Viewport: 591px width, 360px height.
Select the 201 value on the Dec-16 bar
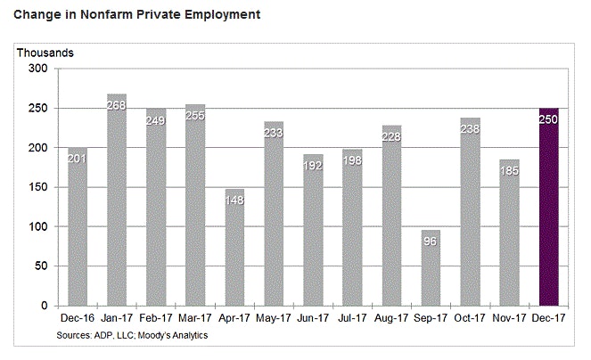point(78,161)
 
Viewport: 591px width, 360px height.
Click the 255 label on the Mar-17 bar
point(195,117)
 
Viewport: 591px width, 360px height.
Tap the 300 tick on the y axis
point(37,69)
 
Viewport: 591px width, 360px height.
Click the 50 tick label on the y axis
point(40,266)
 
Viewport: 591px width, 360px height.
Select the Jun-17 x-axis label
point(312,317)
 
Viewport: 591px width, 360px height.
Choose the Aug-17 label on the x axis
point(390,317)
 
